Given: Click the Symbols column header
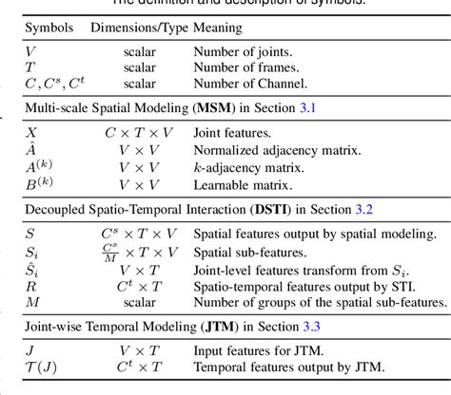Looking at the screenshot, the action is coord(48,28).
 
